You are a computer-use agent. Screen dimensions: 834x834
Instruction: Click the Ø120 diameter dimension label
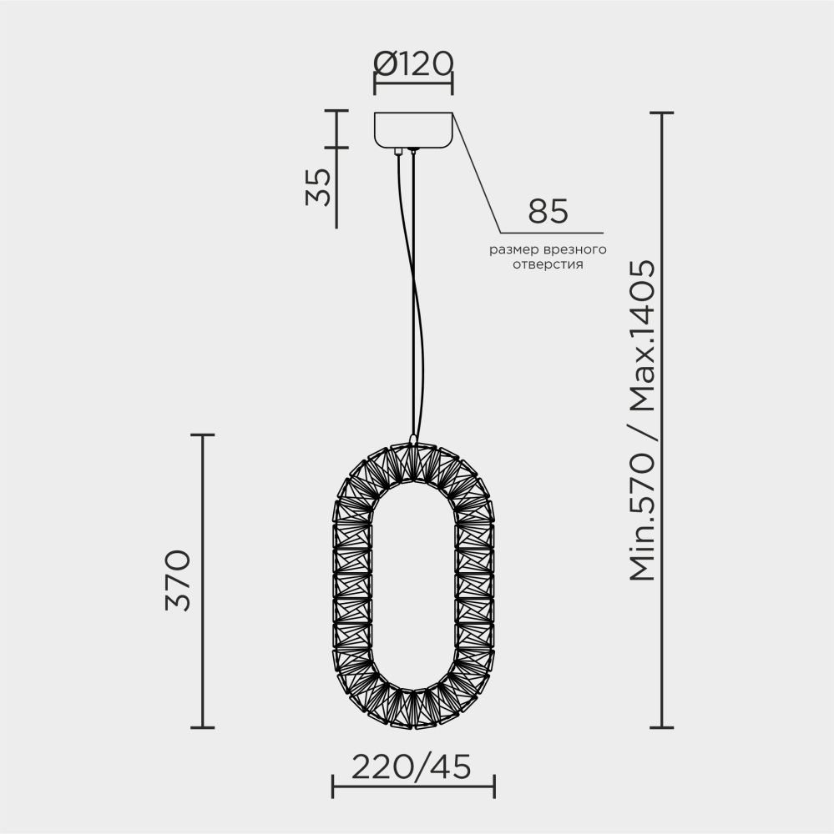coord(413,63)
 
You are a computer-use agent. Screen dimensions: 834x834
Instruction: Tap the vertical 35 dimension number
coord(318,187)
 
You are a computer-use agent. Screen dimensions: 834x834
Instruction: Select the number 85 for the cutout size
coord(548,211)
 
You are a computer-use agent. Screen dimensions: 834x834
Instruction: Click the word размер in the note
coord(513,249)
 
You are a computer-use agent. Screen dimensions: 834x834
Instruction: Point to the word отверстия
coord(548,264)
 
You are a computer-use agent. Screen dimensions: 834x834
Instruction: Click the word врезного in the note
coord(574,249)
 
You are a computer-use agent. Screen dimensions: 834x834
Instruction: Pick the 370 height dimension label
coord(178,580)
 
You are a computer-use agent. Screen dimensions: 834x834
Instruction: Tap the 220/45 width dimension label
coord(412,766)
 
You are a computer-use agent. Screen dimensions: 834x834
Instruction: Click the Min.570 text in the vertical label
coord(642,516)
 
